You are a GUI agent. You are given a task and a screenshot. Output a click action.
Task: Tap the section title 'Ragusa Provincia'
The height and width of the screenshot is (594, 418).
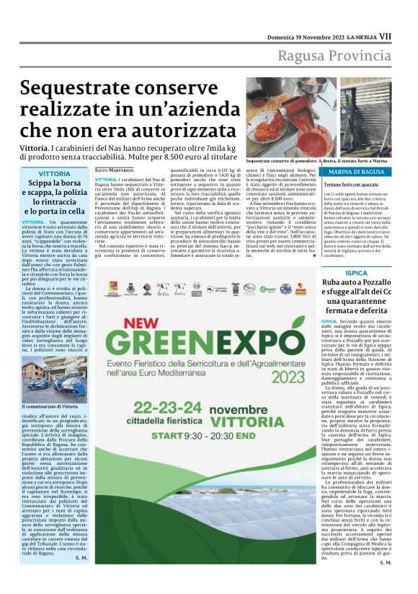tap(339, 57)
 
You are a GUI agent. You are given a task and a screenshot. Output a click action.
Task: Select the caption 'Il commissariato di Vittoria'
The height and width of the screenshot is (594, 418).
tap(50, 407)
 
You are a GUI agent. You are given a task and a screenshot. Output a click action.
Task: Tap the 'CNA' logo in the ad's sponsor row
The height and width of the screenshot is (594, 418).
tap(306, 288)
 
